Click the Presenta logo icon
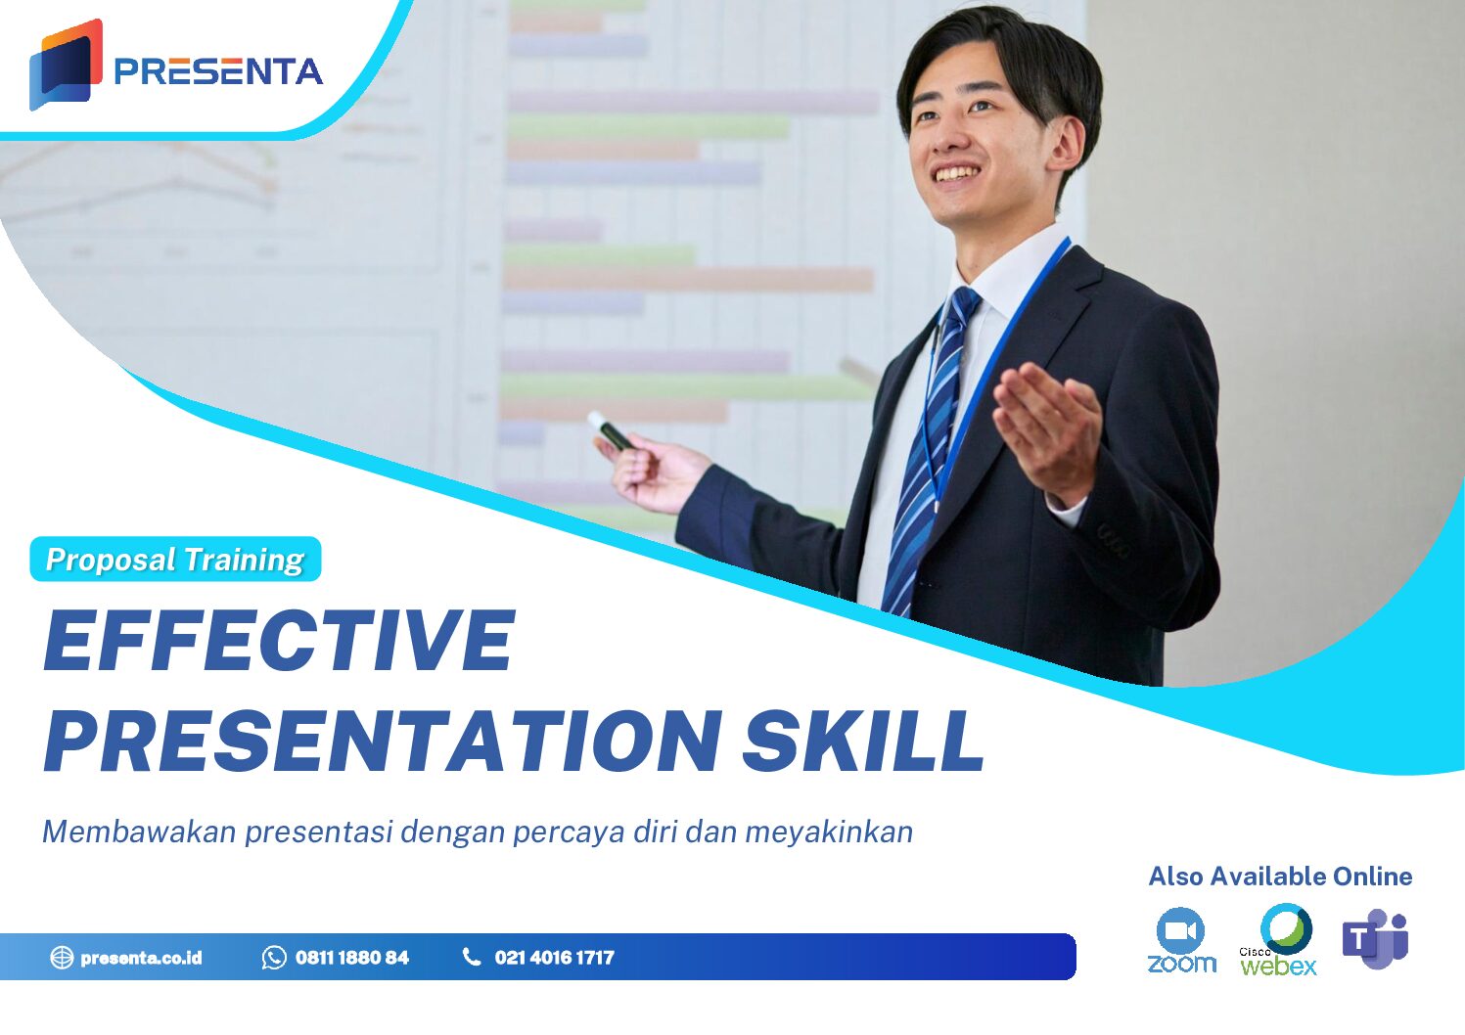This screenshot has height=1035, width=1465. (66, 66)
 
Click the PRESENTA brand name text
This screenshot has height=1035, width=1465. (218, 71)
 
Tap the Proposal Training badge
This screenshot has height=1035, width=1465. (175, 560)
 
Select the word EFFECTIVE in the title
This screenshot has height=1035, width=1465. (279, 641)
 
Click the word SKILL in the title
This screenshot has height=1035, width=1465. (863, 740)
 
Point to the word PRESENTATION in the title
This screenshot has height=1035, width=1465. (383, 740)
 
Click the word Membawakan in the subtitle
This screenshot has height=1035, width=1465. (139, 832)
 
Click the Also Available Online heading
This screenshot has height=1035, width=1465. (1280, 877)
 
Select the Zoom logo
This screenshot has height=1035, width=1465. (1181, 940)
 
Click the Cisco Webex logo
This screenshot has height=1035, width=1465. (1280, 940)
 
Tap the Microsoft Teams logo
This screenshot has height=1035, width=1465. (1375, 939)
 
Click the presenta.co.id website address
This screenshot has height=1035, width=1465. (141, 958)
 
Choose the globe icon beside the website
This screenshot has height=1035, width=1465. (62, 958)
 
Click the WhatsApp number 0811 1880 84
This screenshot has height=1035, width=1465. (352, 958)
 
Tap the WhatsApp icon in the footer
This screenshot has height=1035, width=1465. (274, 958)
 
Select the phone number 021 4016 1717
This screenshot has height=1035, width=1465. (554, 958)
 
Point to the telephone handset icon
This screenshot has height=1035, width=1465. (472, 957)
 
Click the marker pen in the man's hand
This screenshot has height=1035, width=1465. (612, 431)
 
